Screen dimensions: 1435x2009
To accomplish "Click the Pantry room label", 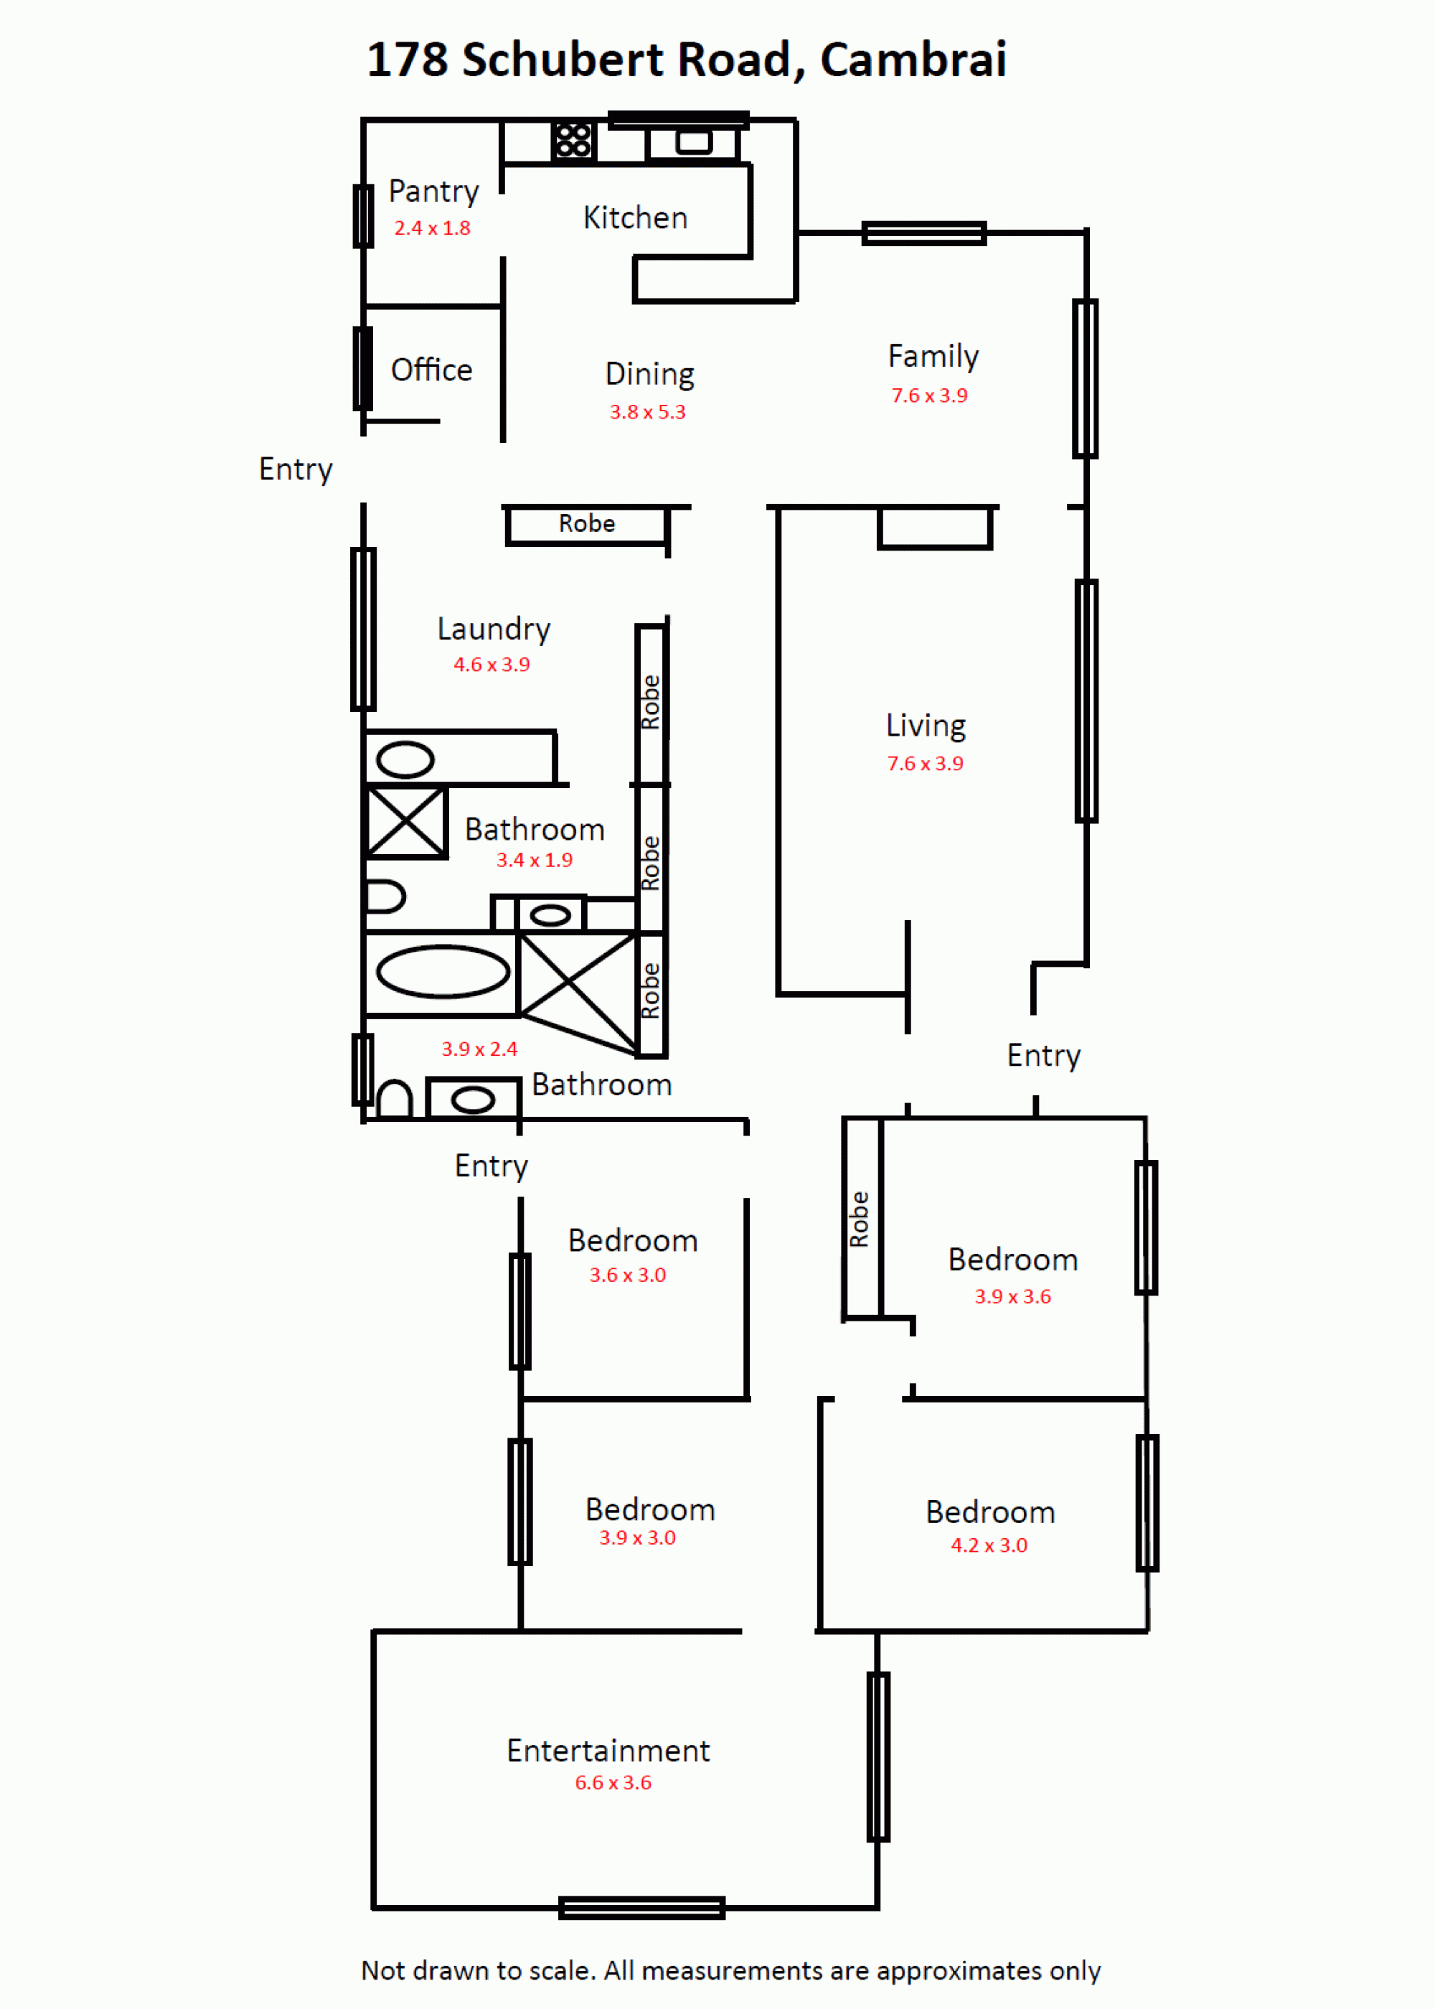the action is [x=433, y=191].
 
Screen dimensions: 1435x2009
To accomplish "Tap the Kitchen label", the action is [x=635, y=217].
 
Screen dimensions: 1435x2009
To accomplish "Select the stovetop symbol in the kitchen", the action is [x=573, y=140].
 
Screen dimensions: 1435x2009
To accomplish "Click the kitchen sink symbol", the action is [x=694, y=141].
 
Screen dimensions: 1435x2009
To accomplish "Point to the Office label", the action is [x=431, y=370].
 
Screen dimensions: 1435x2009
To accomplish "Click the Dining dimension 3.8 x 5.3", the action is [x=648, y=412].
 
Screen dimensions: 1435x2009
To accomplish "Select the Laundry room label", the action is [x=494, y=629].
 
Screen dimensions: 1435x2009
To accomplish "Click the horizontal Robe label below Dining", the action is [x=587, y=523].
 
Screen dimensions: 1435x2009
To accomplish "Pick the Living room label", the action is [x=926, y=726].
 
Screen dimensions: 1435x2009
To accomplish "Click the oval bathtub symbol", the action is [x=443, y=971].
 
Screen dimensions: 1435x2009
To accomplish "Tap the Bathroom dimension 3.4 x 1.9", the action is [x=535, y=860].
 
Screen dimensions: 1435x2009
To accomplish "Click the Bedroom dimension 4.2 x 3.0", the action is [x=989, y=1545].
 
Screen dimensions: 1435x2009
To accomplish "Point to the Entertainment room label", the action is [x=608, y=1750].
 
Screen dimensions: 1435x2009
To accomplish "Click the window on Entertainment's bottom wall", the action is [x=641, y=1909].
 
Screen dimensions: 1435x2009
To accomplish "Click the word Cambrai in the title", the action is [x=913, y=60].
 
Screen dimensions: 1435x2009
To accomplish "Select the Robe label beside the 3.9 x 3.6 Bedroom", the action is [x=859, y=1219].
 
